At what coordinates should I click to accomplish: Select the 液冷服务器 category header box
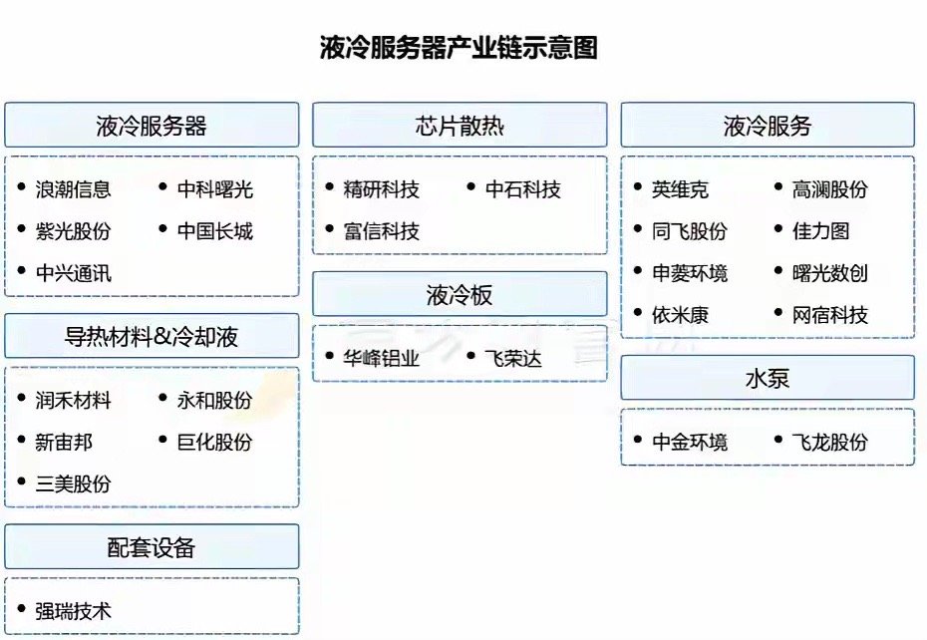coord(152,126)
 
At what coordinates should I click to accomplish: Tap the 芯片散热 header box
coord(460,126)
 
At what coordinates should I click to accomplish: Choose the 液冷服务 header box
coord(768,126)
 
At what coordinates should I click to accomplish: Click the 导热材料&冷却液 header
coord(152,336)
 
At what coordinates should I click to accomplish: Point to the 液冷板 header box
coord(460,294)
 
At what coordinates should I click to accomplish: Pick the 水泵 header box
coord(768,378)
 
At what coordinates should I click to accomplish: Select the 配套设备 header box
coord(152,546)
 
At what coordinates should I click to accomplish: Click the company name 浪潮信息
coord(73,189)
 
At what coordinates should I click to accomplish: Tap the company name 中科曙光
coord(215,189)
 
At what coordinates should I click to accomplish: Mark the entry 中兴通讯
coord(73,273)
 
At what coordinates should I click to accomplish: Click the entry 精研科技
coord(382,189)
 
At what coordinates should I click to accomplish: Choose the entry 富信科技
coord(382,231)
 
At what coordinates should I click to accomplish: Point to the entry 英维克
coord(681,189)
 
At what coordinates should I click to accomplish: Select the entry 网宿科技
coord(830,315)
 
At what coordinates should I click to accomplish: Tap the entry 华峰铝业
coord(382,358)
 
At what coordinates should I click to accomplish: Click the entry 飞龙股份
coord(830,442)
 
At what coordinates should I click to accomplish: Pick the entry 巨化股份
coord(215,442)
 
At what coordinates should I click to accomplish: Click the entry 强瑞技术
coord(73,610)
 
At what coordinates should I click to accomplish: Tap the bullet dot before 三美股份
coord(22,483)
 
